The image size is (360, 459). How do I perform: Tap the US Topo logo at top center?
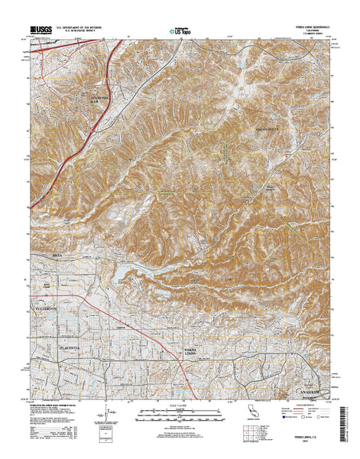(180, 32)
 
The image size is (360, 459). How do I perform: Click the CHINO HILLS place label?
(268, 129)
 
